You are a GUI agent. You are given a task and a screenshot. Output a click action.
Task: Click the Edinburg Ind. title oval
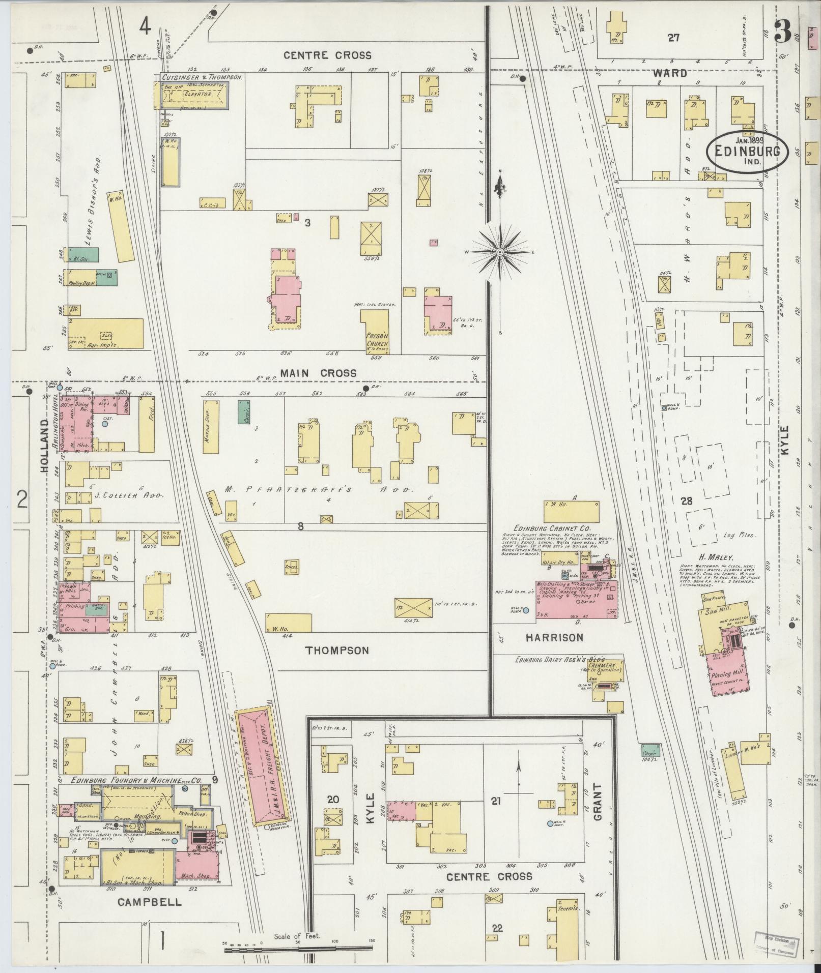pyautogui.click(x=746, y=152)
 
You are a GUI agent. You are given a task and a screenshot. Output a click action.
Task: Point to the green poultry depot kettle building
pyautogui.click(x=106, y=277)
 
